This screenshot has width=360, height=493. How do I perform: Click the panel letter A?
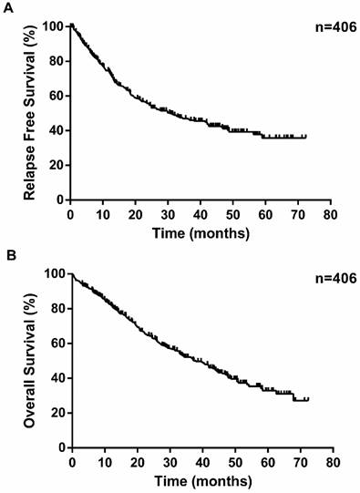click(7, 6)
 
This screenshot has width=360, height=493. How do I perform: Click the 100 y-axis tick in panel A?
click(54, 26)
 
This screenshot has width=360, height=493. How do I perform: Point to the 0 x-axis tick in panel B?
click(71, 462)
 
